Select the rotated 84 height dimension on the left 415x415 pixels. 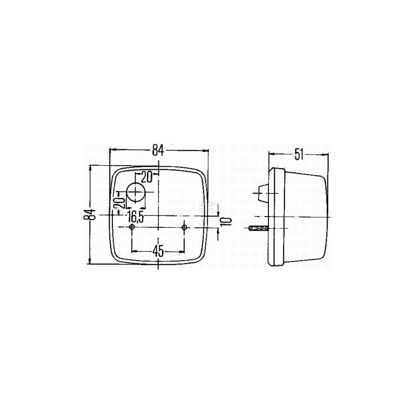[90, 215]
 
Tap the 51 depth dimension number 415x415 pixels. [299, 154]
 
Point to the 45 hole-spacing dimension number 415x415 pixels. [158, 251]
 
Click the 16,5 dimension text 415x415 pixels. [136, 217]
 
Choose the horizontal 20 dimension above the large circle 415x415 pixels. [146, 177]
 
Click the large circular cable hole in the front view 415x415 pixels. [136, 192]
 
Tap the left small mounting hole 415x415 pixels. [132, 227]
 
